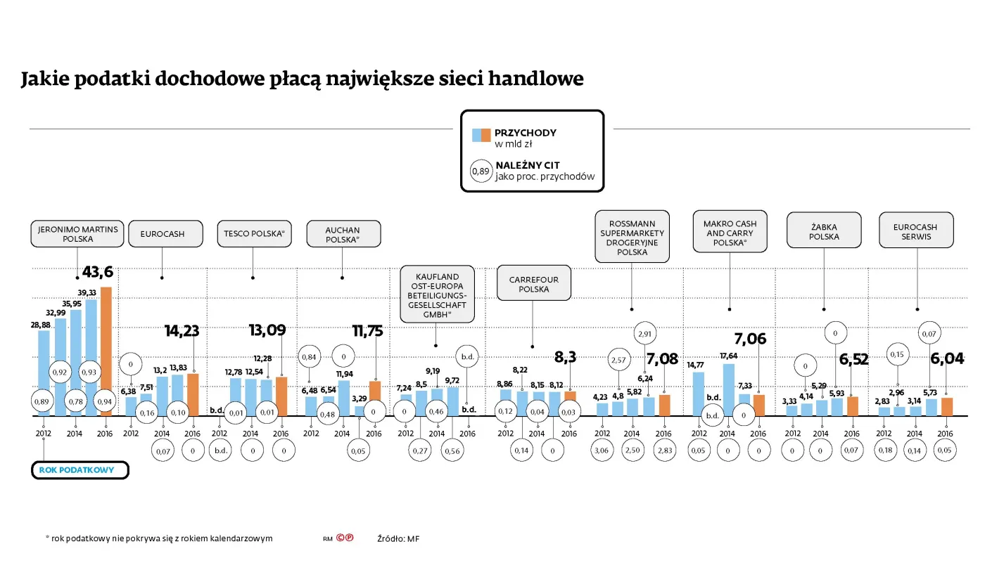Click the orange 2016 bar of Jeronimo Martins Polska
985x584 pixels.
tap(106, 351)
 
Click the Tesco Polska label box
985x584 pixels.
tap(254, 234)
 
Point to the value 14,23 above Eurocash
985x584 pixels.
tap(182, 331)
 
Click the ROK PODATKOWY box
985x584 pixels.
tap(80, 470)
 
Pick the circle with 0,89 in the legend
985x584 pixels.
tap(481, 171)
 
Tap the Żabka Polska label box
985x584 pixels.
tap(824, 231)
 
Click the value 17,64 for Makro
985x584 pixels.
tap(728, 356)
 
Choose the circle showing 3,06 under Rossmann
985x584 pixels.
tap(602, 450)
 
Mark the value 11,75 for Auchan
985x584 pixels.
tap(367, 331)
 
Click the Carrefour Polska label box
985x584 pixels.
tap(533, 284)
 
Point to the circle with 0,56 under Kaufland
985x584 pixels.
tap(452, 450)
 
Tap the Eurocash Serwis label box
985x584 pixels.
tap(915, 232)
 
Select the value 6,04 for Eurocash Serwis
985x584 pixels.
tap(947, 359)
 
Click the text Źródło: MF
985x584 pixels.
tap(398, 539)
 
